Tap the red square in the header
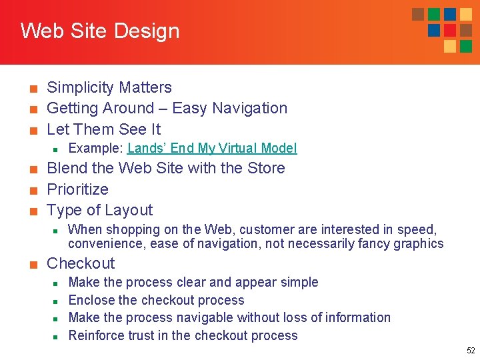pyautogui.click(x=450, y=30)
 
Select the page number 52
pyautogui.click(x=471, y=350)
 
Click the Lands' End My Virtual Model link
pyautogui.click(x=212, y=148)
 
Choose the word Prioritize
pyautogui.click(x=77, y=189)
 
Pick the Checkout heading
pyautogui.click(x=81, y=263)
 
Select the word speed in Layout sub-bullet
pyautogui.click(x=417, y=229)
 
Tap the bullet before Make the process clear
pyautogui.click(x=56, y=283)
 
